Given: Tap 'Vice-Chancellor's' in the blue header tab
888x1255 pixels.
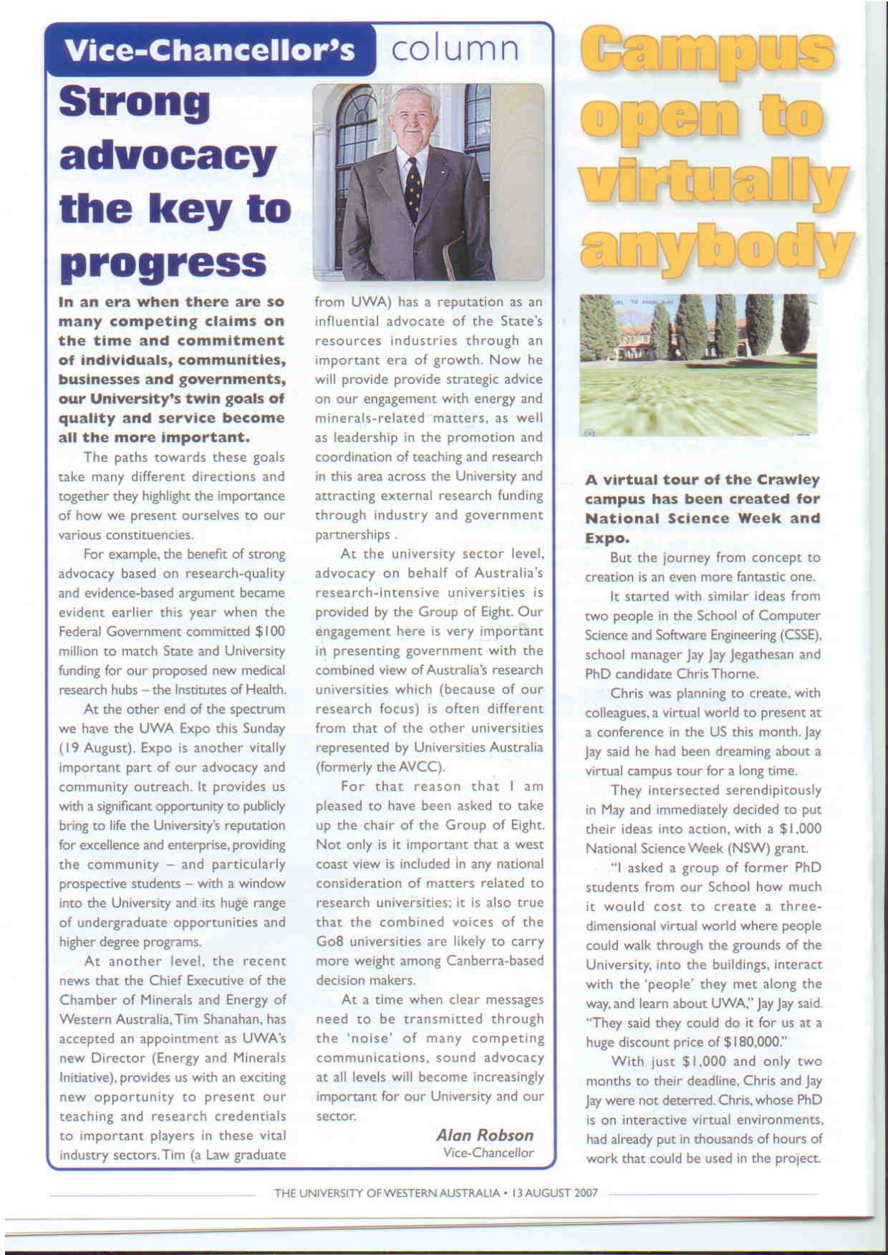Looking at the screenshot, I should (209, 50).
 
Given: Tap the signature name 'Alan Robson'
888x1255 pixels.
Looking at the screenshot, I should (485, 1135).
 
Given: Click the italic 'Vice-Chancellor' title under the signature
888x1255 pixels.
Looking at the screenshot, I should (488, 1153).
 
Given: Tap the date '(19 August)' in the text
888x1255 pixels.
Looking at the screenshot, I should (97, 748).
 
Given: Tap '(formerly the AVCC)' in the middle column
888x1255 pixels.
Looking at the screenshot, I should (380, 766).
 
